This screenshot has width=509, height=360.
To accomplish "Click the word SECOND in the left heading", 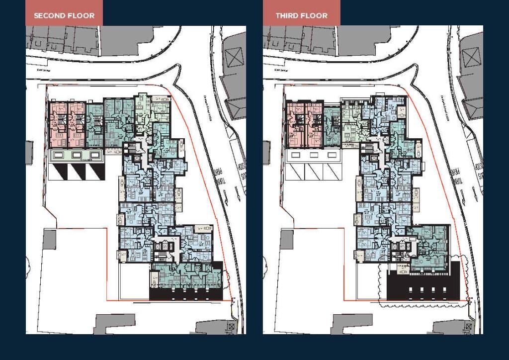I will click(x=48, y=15).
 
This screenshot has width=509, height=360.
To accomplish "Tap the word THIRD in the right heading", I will click(x=287, y=15).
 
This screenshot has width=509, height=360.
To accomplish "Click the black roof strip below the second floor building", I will click(x=186, y=295).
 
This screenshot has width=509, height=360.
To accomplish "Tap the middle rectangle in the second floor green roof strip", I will click(x=77, y=155).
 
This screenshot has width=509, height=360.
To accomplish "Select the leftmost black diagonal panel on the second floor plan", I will click(x=58, y=172).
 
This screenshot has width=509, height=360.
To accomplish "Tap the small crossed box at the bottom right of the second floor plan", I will click(x=231, y=327).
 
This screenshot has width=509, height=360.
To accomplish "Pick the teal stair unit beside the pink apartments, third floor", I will click(x=331, y=124).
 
